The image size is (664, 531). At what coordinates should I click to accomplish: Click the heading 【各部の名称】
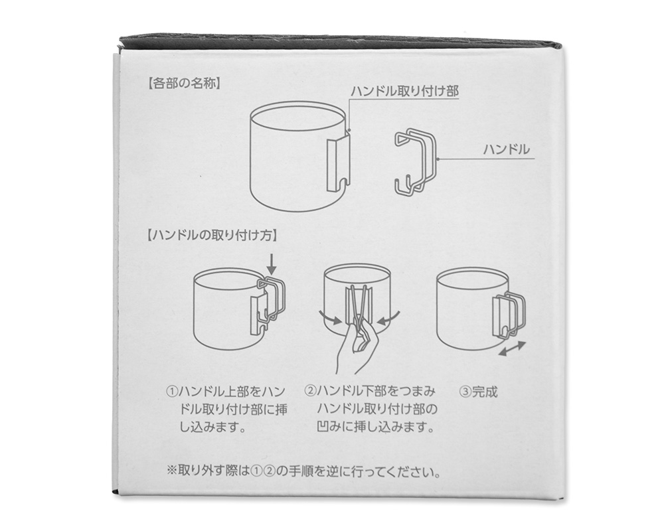tap(184, 84)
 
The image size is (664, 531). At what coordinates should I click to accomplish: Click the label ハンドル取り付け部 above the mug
tap(405, 91)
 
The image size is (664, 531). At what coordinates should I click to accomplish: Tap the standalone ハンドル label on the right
tap(507, 149)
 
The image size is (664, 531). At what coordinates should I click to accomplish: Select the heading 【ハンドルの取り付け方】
tap(212, 236)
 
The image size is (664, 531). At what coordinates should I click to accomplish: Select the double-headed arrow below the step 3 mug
tap(512, 349)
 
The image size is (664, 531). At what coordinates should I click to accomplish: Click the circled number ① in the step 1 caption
tap(172, 391)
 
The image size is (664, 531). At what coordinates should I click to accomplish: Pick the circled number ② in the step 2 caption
tap(310, 390)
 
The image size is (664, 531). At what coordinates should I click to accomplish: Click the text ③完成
tap(478, 392)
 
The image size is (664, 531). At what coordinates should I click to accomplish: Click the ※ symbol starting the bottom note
tap(171, 471)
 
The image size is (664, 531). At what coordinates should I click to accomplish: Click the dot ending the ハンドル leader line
tap(438, 159)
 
